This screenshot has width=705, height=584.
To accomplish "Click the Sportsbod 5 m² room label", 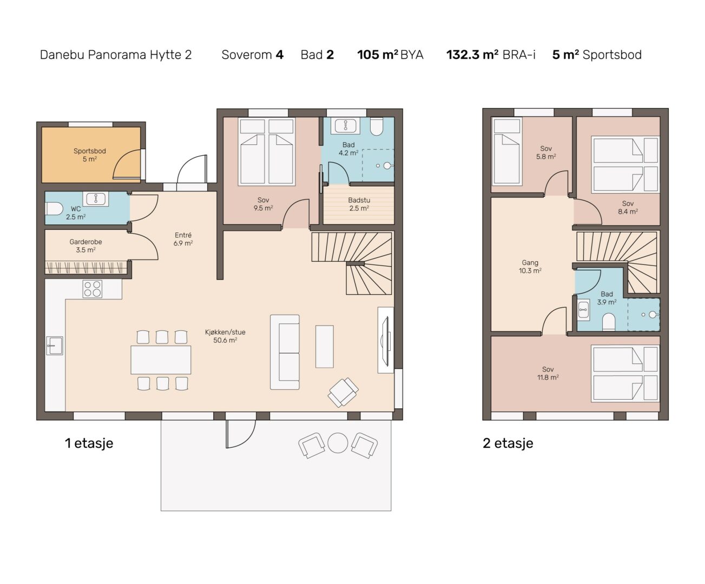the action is [x=90, y=155].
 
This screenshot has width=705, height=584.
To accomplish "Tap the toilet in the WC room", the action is [x=54, y=209].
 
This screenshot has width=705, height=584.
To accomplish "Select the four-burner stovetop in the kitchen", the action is [x=93, y=289].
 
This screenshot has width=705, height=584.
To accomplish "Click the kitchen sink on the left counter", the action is [x=55, y=346].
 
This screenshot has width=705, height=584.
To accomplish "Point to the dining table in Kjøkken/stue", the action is [x=161, y=360].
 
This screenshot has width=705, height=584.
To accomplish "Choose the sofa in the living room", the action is [x=285, y=352].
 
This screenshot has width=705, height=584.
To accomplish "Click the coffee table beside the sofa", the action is [x=325, y=347].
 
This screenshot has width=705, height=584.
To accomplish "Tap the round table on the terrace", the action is [x=338, y=443].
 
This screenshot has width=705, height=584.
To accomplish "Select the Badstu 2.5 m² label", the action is [x=359, y=204].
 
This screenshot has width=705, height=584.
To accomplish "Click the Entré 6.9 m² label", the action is [x=183, y=239].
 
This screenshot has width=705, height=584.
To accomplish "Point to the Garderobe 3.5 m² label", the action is [x=86, y=245].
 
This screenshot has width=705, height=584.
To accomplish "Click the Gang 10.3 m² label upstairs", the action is [x=530, y=266].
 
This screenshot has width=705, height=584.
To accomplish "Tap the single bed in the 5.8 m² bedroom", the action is [x=507, y=151].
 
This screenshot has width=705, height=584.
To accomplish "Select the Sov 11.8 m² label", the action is [x=548, y=373].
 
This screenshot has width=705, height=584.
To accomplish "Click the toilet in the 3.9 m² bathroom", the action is [x=609, y=322].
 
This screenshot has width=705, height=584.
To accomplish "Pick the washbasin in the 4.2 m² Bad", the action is [x=346, y=126].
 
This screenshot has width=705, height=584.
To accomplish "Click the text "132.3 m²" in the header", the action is [x=472, y=55].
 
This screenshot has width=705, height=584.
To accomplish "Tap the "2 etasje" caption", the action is [x=508, y=443].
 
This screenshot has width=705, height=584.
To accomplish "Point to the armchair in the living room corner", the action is [x=343, y=392].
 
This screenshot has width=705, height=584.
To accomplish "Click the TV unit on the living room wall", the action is [x=386, y=340].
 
